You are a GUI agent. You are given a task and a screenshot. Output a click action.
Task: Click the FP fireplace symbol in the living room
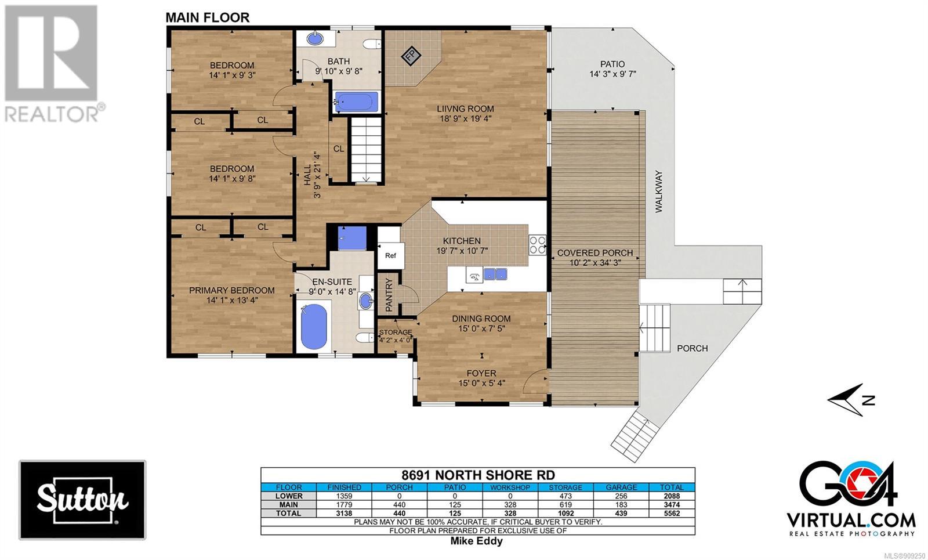[x=411, y=56]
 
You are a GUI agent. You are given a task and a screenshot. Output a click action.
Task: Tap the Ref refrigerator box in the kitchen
[x=390, y=256]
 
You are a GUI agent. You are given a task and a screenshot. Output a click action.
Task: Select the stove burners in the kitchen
[x=537, y=244]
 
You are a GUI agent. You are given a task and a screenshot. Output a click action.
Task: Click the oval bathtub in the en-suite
[x=314, y=326]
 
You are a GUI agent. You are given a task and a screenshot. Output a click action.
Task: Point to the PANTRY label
[x=389, y=295]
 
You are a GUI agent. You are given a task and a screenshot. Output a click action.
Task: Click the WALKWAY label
[x=659, y=192]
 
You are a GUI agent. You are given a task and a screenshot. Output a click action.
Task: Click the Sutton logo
[x=83, y=500]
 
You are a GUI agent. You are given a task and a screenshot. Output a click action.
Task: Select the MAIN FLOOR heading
[x=208, y=18]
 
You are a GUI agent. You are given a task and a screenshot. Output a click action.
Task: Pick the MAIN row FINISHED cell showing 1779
[x=344, y=504]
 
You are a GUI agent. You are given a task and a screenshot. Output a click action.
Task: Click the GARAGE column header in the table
[x=621, y=487]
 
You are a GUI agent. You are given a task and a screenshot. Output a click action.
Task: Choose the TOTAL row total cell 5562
[x=672, y=513]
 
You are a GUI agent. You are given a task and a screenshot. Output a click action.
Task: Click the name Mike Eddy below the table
[x=476, y=541]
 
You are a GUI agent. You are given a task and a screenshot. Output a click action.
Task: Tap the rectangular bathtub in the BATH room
[x=356, y=102]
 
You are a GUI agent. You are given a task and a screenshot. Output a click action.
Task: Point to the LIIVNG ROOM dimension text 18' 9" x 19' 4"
[x=465, y=119]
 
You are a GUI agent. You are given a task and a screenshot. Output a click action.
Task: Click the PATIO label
[x=612, y=64]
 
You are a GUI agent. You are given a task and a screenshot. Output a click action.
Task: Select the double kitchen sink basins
[x=495, y=274]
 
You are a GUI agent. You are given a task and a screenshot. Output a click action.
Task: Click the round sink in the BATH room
[x=316, y=38]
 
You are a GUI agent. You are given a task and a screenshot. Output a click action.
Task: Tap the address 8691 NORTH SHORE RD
[x=478, y=475]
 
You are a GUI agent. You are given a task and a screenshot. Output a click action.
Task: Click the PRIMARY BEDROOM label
[x=231, y=291]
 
